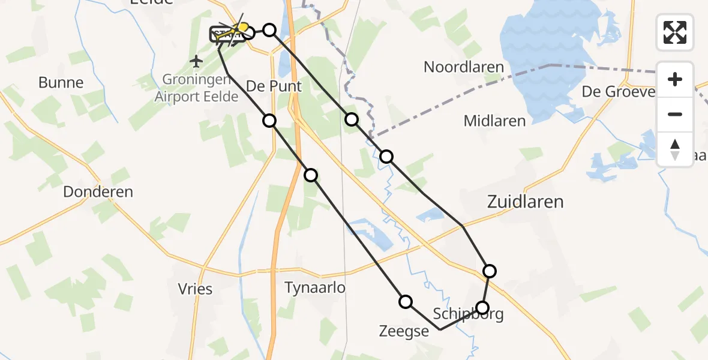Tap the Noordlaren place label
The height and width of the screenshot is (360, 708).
coord(463,67)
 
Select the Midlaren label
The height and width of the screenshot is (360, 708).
coord(494,121)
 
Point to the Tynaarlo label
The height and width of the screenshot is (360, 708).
coord(315,288)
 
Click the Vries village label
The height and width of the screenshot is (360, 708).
coord(195,289)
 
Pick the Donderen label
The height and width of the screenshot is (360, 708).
coord(98,192)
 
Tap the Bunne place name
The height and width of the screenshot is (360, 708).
coord(61,82)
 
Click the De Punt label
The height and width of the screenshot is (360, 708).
coord(274,86)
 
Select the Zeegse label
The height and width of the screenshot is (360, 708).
coord(404,331)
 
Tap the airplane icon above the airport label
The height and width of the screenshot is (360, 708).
coord(196,61)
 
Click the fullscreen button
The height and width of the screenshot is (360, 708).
coord(675,32)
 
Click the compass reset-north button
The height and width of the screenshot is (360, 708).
coord(675,149)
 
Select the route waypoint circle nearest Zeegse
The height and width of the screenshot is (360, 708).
coord(406,302)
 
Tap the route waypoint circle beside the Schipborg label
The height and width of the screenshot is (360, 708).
coord(482,308)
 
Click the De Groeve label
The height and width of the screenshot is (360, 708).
coord(617,92)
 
